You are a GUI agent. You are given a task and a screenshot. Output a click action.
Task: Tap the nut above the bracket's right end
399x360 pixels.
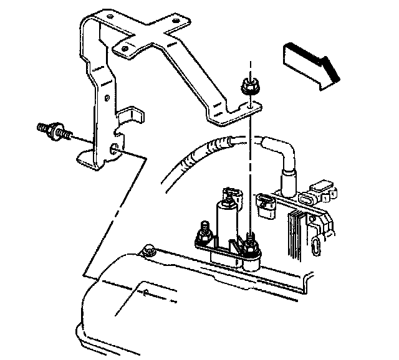click(x=248, y=88)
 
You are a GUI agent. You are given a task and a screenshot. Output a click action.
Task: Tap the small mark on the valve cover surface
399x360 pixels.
click(x=144, y=292)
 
